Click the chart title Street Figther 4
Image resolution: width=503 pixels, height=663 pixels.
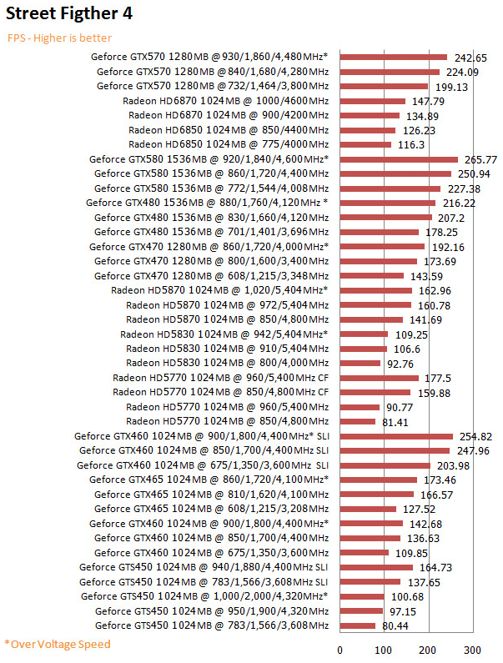68,14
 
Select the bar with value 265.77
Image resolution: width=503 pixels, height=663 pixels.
399,159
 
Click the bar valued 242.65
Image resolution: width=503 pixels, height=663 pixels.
394,57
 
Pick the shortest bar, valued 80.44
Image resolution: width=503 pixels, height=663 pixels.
358,625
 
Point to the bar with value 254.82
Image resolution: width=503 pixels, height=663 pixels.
396,436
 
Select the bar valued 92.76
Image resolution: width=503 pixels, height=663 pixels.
360,363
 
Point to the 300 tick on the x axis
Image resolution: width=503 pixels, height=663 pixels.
473,650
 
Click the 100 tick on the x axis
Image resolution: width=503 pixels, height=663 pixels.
384,650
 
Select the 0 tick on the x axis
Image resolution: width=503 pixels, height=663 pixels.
340,650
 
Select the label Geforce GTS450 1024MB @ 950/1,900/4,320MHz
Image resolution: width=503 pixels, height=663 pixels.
212,611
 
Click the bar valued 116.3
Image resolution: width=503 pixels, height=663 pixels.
365,144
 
